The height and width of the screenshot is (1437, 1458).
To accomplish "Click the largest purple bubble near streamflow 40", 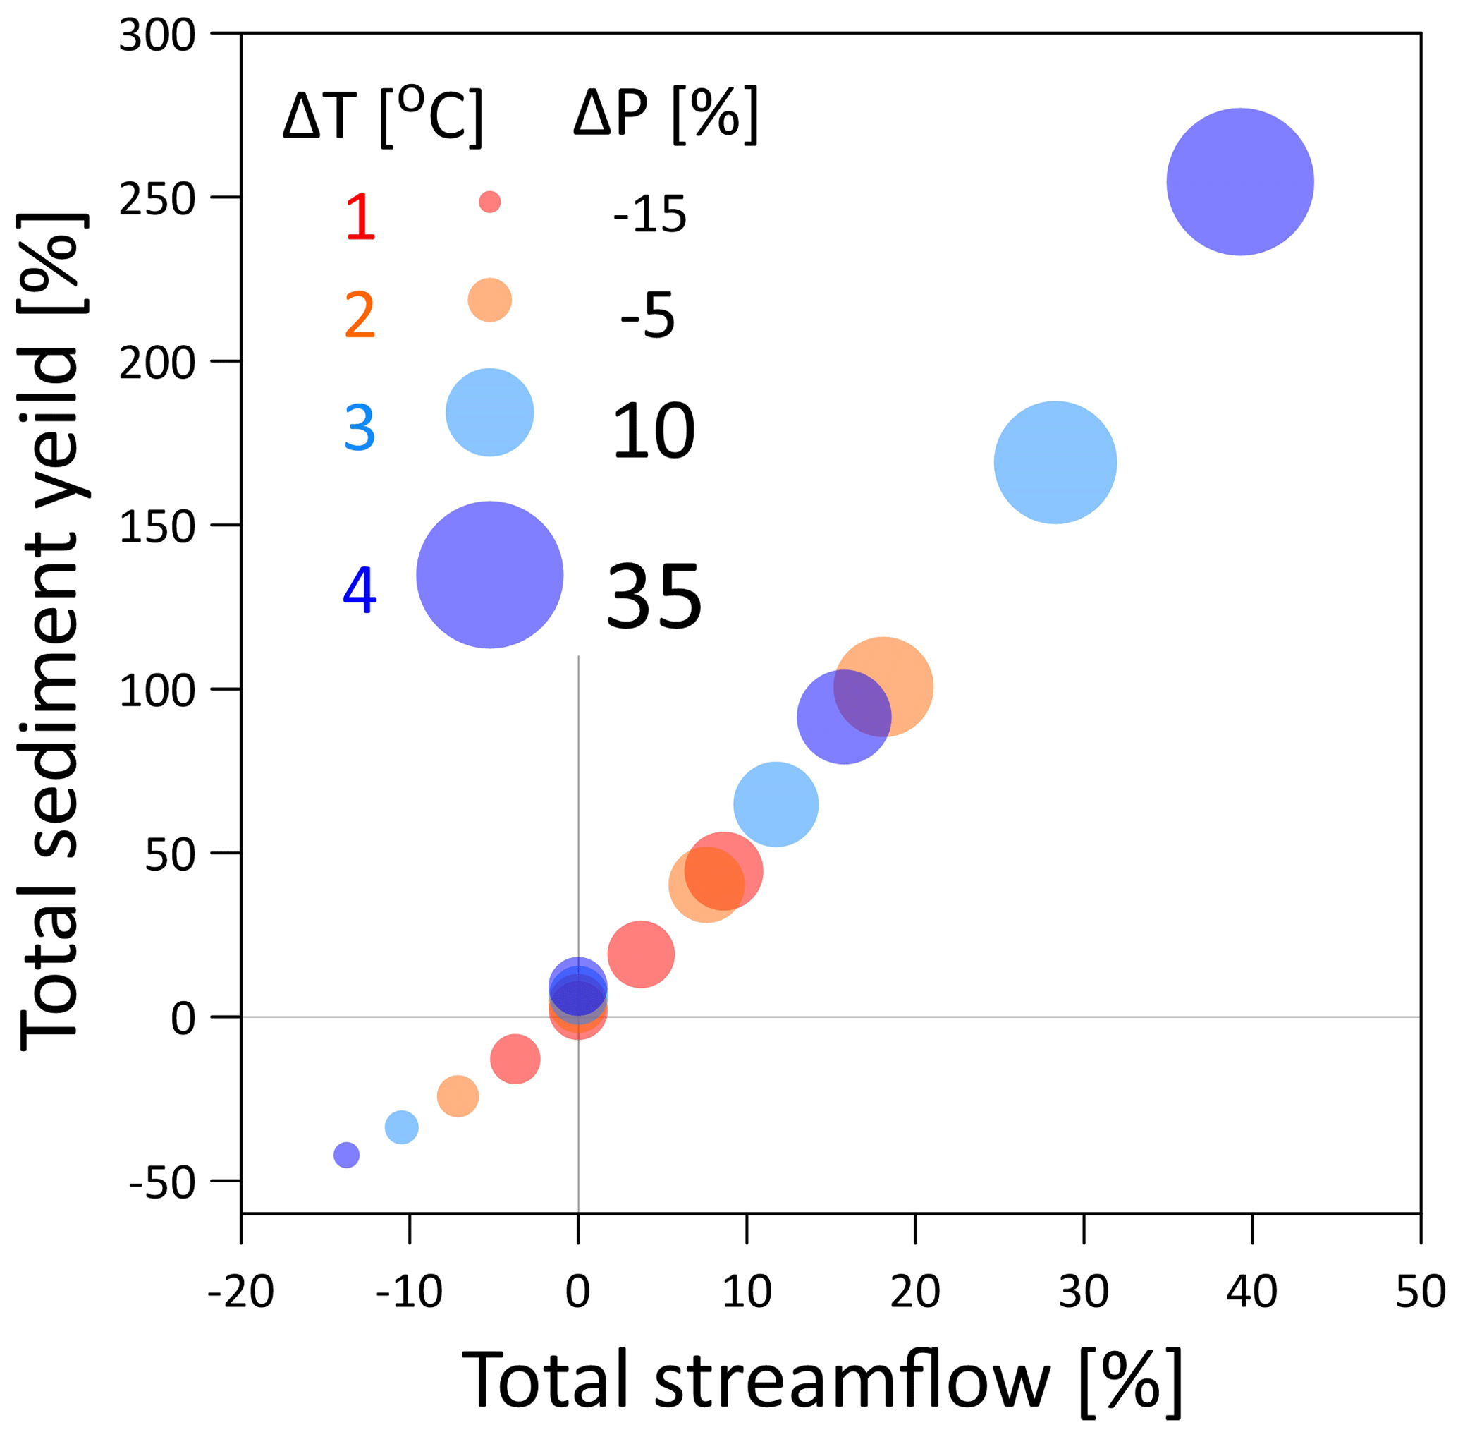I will click(1239, 182).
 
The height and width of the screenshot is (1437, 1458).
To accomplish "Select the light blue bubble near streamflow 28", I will click(1055, 463).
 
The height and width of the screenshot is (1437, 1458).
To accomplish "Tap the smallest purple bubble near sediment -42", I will click(346, 1155).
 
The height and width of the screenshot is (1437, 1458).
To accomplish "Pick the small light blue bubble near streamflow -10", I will click(401, 1127).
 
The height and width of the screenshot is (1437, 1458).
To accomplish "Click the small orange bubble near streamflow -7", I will click(458, 1096).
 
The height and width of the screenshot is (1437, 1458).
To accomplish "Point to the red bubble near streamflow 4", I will click(640, 954).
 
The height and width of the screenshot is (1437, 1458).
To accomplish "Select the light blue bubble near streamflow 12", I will click(776, 804).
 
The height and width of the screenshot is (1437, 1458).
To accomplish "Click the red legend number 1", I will click(360, 217).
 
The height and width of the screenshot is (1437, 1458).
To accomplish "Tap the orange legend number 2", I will click(360, 315).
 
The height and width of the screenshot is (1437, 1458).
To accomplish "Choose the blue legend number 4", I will click(360, 590).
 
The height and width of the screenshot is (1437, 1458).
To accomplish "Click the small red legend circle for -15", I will click(489, 202).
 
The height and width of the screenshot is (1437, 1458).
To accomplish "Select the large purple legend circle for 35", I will click(489, 574).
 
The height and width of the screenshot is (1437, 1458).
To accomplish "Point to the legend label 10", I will click(653, 431).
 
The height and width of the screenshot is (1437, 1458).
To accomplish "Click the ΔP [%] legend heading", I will click(666, 115).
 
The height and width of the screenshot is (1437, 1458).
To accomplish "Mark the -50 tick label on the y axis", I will click(161, 1182).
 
